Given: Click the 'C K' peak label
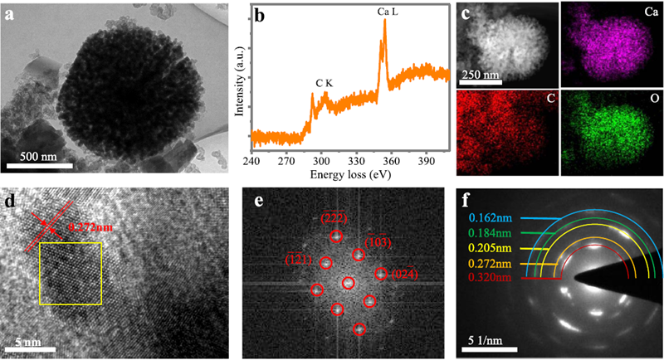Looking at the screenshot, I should [325, 82].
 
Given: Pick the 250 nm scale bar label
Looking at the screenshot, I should [479, 76].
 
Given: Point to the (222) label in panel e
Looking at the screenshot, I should [334, 218].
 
